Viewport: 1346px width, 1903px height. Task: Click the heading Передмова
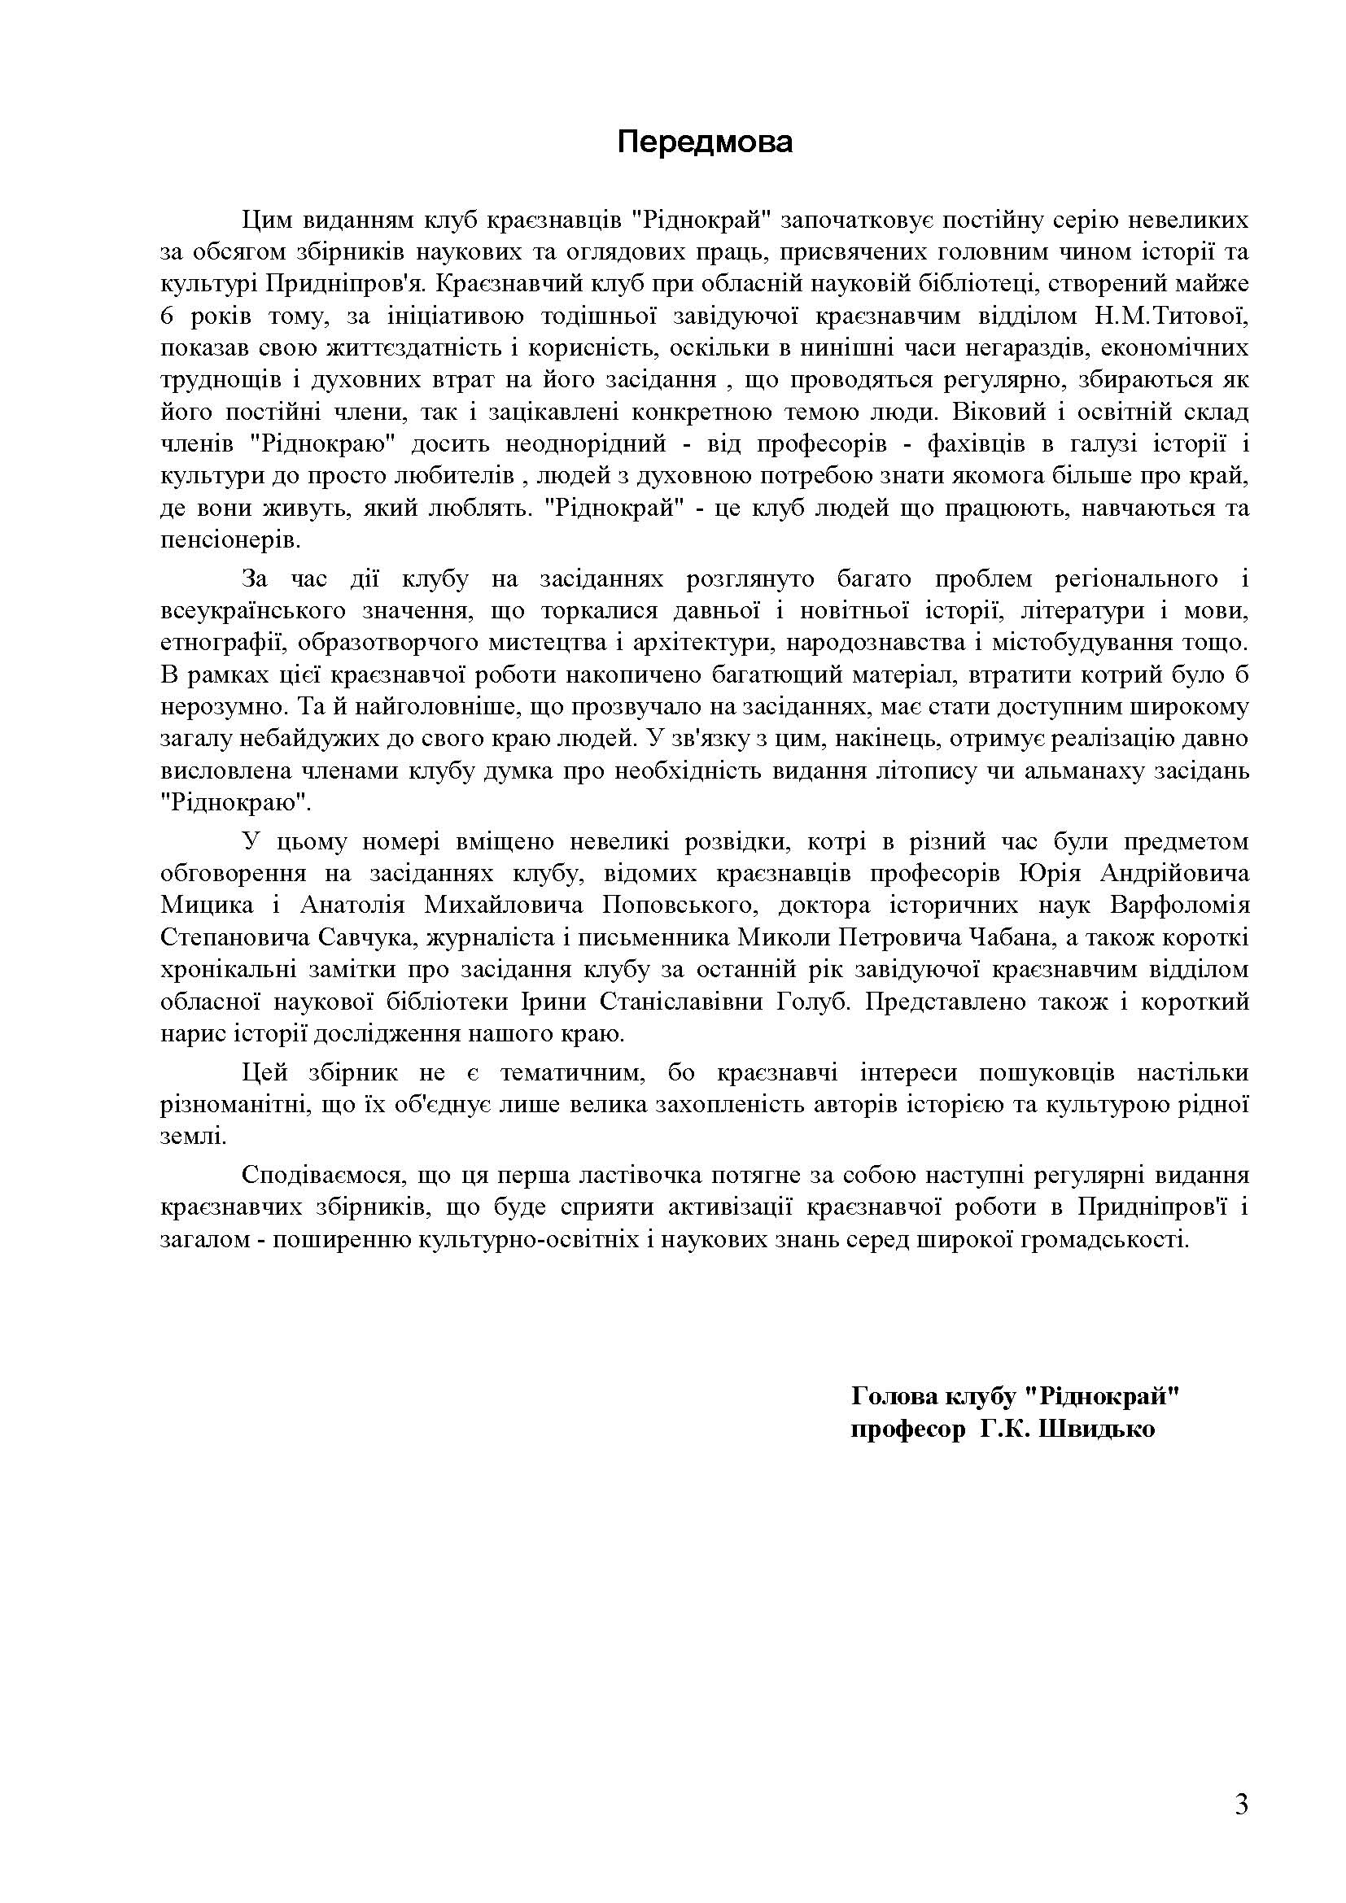click(705, 142)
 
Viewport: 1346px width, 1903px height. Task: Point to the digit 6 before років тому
click(168, 316)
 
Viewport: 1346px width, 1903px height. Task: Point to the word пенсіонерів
click(229, 541)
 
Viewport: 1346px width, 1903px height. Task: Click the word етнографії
click(217, 643)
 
